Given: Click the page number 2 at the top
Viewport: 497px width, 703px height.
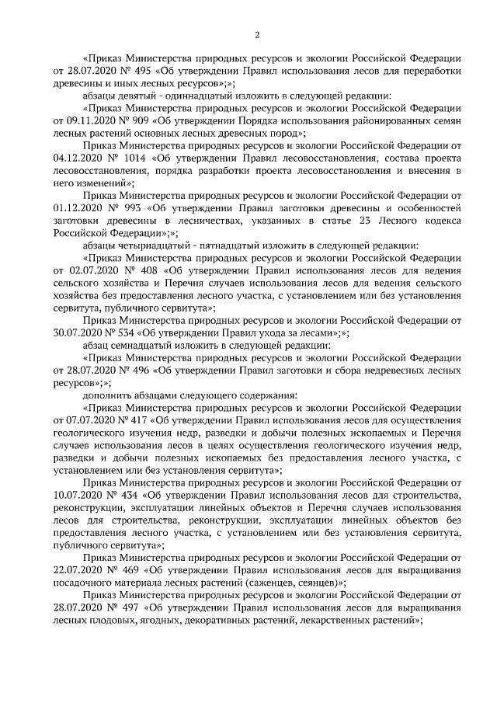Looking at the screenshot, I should pos(257,34).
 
